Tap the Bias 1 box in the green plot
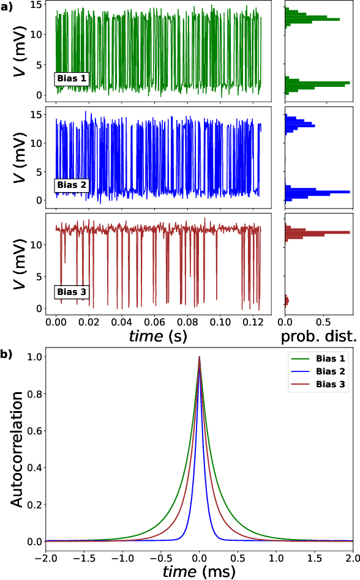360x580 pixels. point(72,78)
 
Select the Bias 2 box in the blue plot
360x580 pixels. point(72,185)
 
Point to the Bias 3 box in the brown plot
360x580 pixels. point(72,292)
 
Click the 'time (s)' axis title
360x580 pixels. point(158,336)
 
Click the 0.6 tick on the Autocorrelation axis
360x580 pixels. point(32,431)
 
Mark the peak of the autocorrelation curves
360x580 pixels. point(199,357)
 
